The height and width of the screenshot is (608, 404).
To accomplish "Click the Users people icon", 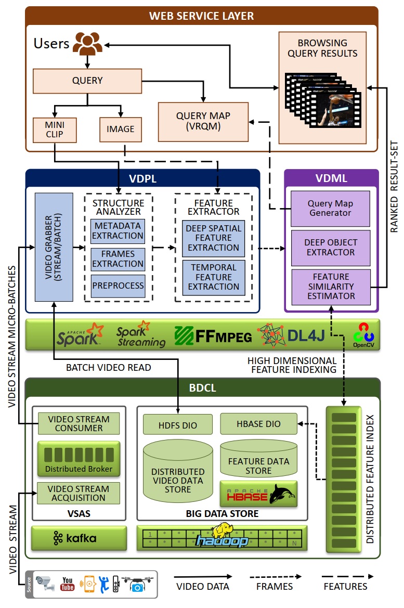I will [87, 44].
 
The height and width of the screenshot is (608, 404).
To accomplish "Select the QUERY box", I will [87, 81].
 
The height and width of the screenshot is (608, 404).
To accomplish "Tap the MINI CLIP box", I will [55, 130].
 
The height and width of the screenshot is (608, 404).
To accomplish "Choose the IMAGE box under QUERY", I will [120, 130].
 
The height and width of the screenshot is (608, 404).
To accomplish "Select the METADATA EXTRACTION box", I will [118, 231].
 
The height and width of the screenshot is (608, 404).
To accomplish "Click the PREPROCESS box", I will [118, 286].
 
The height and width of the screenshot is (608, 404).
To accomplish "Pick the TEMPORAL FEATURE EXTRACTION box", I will [213, 277].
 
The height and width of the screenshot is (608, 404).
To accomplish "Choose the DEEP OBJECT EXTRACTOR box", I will [330, 247].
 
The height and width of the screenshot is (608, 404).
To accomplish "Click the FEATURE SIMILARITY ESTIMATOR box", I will [330, 286].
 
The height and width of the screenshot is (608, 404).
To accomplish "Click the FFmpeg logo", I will [213, 335].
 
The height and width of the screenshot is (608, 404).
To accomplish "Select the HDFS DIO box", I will [178, 424].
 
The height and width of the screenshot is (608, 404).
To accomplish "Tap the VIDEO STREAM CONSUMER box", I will [79, 423].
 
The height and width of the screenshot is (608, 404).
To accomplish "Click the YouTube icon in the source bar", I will [68, 584].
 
